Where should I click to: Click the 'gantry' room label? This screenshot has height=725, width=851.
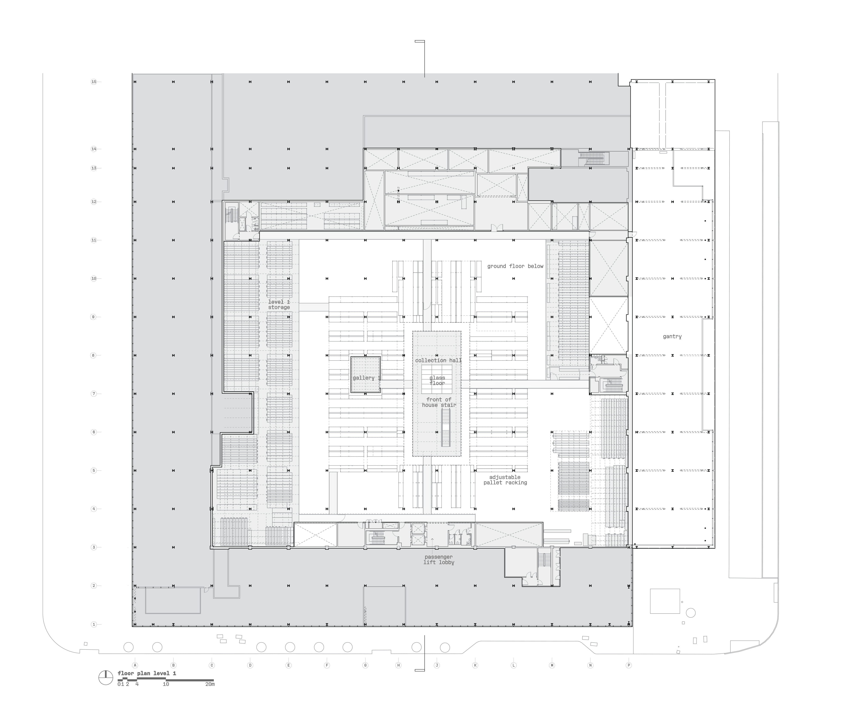click(672, 336)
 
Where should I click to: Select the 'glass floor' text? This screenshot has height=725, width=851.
click(437, 380)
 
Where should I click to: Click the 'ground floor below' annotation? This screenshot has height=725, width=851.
click(515, 266)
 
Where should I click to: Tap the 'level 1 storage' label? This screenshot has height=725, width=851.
click(279, 304)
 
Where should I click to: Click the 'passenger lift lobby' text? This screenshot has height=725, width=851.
click(439, 559)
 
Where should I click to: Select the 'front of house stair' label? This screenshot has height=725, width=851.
click(439, 402)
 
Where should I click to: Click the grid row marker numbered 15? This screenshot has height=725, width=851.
click(94, 82)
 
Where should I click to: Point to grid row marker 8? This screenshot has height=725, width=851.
click(94, 355)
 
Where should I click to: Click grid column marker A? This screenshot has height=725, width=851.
click(135, 665)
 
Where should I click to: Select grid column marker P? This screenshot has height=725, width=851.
click(628, 665)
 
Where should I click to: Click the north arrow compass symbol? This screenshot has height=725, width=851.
click(106, 678)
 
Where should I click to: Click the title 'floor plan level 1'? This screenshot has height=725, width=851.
click(147, 673)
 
